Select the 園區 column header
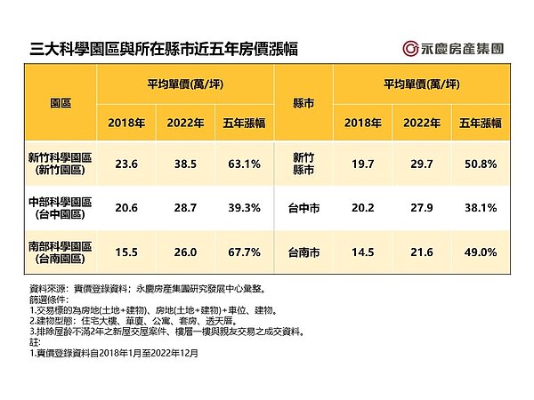click(x=61, y=103)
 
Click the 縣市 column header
click(x=303, y=103)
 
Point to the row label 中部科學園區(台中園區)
click(x=61, y=206)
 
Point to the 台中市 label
click(x=303, y=207)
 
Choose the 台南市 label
click(x=303, y=252)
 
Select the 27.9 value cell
click(x=421, y=207)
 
